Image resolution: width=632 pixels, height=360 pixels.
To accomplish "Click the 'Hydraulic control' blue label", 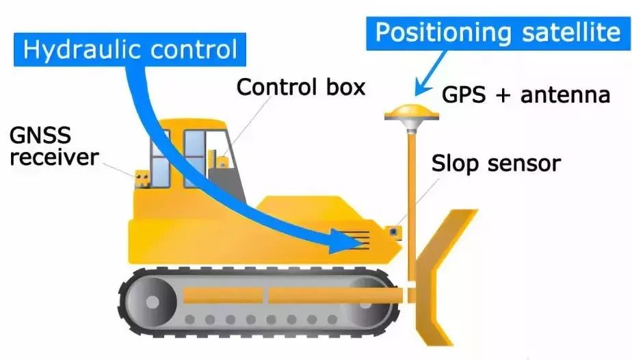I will [129, 49].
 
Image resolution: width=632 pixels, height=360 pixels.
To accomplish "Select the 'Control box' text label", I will [301, 87].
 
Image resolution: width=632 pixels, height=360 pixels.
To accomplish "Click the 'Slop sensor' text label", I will [496, 163].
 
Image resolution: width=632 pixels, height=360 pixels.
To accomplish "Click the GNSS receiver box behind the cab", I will [142, 179].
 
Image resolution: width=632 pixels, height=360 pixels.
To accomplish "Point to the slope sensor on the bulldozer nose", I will [393, 233].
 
